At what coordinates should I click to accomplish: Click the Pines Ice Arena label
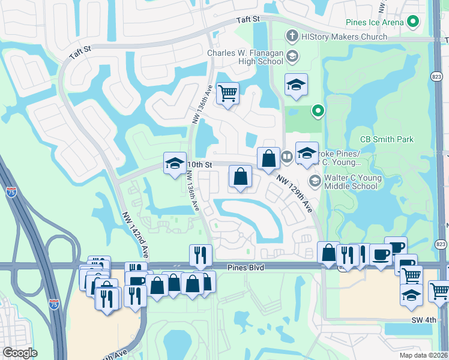[375, 23]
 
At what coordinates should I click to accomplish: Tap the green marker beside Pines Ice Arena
[412, 23]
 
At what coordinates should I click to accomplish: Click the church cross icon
[292, 37]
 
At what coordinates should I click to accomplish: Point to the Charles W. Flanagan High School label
[245, 57]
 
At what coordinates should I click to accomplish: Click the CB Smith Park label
[387, 139]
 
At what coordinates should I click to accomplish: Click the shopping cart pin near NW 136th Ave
[228, 93]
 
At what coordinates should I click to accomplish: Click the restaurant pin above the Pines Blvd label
[200, 254]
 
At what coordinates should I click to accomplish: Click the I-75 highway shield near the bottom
[53, 304]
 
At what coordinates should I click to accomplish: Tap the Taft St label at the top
[247, 19]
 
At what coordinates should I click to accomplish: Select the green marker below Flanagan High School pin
[318, 110]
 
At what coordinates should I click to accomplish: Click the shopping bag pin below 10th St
[240, 176]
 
